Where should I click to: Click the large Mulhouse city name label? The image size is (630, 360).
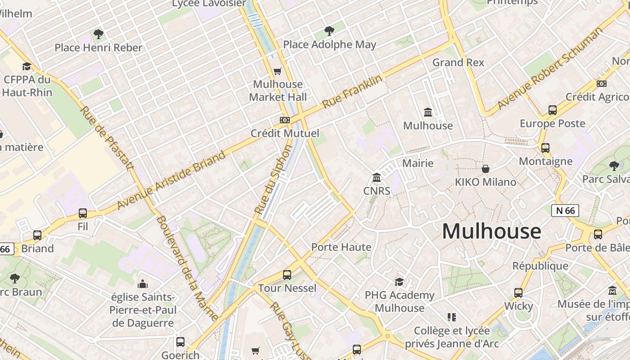coord(491,231)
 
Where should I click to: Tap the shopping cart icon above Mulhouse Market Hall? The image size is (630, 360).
coord(278,71)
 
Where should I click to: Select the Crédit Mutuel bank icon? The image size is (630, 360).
coord(284,120)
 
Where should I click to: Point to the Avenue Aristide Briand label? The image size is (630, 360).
coord(171,180)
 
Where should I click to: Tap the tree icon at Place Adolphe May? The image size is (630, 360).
coord(329,31)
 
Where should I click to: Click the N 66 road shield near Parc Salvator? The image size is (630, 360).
coord(565,210)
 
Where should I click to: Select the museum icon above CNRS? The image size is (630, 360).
coord(377,178)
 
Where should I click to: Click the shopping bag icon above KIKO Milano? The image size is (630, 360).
coord(486,169)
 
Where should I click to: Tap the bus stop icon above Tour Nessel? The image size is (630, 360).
coord(287,274)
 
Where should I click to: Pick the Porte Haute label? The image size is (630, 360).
coord(342,247)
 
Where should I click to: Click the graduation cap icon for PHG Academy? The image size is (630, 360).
coord(399,282)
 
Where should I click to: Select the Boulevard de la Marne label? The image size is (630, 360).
coord(188,268)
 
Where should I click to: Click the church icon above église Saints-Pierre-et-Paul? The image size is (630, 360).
coord(143,284)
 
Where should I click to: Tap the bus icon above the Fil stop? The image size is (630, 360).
coord(83,213)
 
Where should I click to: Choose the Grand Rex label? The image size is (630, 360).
coord(458,63)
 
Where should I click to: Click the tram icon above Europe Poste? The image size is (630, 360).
coord(553,110)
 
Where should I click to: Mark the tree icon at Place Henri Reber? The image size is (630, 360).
coord(98,34)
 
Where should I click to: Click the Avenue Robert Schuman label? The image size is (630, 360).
coord(549,68)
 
